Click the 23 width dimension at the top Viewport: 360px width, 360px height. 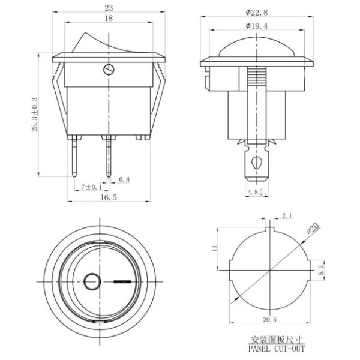(109, 8)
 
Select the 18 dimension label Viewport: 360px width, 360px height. (109, 19)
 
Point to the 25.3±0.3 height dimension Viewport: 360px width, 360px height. (35, 115)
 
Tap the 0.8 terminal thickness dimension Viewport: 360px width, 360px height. (124, 179)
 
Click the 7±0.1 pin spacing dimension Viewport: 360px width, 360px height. (91, 187)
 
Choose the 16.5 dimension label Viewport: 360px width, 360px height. (109, 197)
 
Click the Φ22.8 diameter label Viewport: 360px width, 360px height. (257, 13)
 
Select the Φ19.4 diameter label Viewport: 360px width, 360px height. (257, 26)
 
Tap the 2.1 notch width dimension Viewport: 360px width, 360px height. (287, 215)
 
